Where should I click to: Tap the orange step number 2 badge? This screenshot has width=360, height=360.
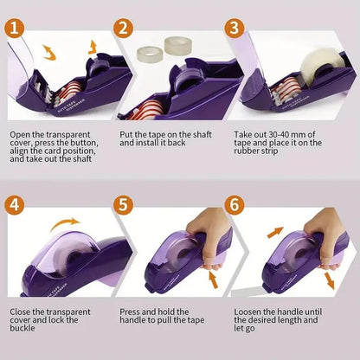pos(124,29)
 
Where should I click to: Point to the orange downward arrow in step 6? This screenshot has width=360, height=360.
pos(332,281)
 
